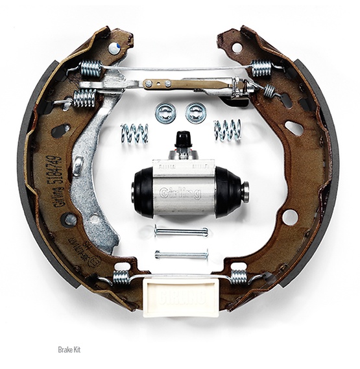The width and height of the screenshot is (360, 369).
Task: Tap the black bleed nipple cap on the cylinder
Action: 184,137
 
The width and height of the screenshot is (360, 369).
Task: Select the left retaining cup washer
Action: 166,112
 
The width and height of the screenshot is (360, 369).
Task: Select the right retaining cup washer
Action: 195,112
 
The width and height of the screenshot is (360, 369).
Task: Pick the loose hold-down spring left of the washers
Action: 134,132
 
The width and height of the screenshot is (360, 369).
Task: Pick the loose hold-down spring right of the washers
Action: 227,129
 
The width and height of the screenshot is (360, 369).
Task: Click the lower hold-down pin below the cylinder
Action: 181,254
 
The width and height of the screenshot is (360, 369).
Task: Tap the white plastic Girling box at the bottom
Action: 180,294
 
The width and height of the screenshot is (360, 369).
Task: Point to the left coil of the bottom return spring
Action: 121,278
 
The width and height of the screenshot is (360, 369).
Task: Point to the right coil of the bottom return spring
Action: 239,277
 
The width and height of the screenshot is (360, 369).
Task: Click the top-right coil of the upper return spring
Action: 261,67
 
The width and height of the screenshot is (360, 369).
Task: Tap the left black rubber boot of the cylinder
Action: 142,191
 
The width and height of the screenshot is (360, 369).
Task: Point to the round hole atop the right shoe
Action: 237,47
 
